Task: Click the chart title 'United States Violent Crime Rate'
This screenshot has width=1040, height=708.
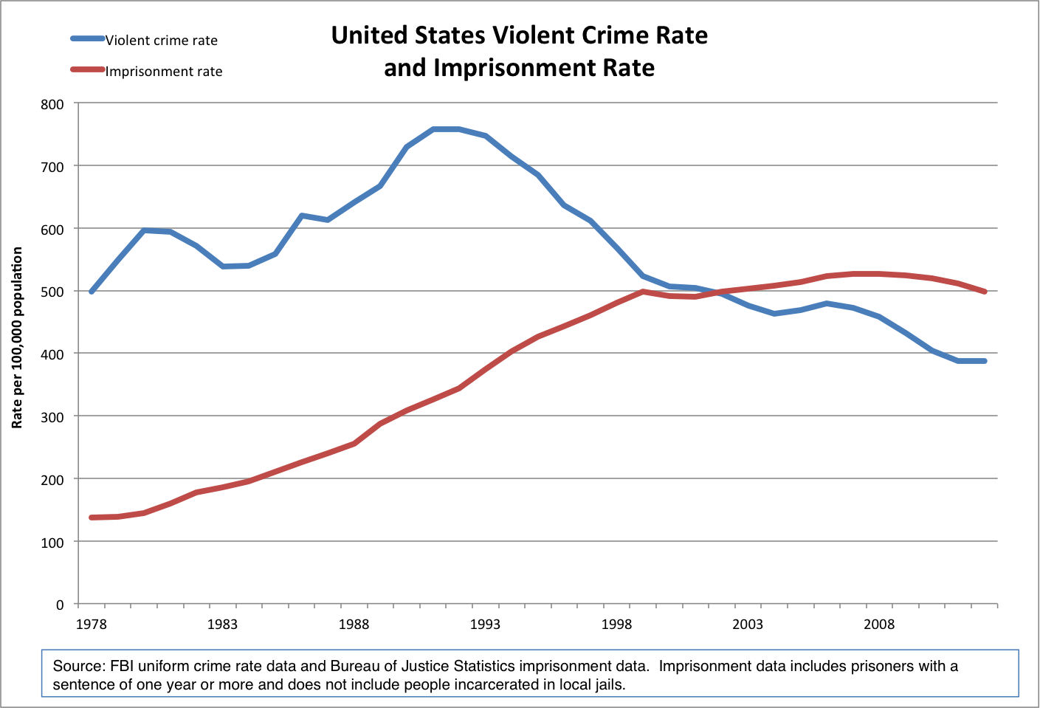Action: click(519, 35)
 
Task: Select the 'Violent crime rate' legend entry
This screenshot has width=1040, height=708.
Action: click(161, 41)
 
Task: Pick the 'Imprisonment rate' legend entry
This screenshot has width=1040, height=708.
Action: click(163, 72)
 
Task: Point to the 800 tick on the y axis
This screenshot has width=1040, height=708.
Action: click(52, 105)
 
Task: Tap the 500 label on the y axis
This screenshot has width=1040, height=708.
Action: click(52, 292)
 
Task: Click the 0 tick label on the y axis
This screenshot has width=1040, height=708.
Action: click(60, 605)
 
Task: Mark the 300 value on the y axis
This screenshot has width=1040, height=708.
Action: click(52, 417)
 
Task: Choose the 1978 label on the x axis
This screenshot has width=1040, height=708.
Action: click(91, 625)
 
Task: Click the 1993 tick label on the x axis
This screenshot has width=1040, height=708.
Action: click(485, 625)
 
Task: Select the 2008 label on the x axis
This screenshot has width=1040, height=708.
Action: click(879, 625)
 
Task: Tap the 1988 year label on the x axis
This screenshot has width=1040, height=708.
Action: click(354, 625)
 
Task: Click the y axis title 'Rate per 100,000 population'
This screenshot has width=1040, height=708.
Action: click(17, 337)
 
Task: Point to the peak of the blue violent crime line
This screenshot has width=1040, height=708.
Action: click(446, 129)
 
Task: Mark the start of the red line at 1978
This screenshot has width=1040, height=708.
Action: click(92, 518)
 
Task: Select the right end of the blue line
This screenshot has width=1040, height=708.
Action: click(985, 361)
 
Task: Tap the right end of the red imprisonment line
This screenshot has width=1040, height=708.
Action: click(985, 292)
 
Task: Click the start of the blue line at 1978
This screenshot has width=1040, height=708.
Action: click(92, 292)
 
